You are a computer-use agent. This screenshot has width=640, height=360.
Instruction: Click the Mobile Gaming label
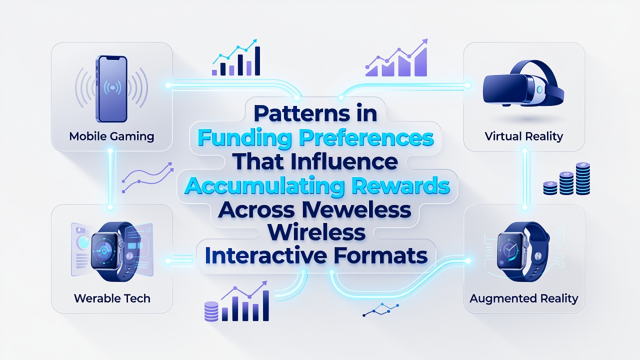click(x=111, y=136)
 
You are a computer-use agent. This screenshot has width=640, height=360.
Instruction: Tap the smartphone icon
click(x=111, y=89)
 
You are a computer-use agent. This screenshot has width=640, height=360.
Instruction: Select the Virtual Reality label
click(x=523, y=136)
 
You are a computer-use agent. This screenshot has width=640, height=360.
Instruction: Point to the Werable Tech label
click(x=112, y=298)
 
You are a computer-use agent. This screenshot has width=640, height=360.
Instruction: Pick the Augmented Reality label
click(x=523, y=298)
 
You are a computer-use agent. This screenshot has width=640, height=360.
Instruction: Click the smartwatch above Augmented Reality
click(x=523, y=251)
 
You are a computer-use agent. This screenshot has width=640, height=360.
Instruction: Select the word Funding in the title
click(x=245, y=138)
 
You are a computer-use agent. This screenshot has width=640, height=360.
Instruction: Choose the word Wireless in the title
click(x=316, y=233)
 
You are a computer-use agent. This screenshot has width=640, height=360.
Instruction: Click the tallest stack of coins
click(x=583, y=178)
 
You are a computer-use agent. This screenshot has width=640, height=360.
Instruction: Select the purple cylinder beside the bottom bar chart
click(x=211, y=311)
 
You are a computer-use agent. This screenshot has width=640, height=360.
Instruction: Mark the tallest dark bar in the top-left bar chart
click(x=257, y=61)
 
